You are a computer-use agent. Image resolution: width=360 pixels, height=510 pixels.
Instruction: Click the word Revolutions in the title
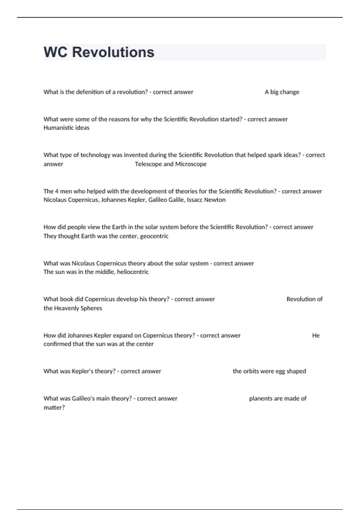click(x=113, y=52)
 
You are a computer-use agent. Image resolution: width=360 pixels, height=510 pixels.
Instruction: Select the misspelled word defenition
click(x=90, y=92)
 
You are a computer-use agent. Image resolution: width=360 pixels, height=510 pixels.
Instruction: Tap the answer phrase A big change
click(x=282, y=92)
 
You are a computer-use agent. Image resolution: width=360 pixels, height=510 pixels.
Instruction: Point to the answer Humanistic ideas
click(x=66, y=128)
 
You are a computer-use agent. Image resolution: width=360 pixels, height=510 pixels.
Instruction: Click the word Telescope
click(x=148, y=164)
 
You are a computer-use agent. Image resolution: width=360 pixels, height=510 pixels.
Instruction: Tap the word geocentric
click(x=154, y=236)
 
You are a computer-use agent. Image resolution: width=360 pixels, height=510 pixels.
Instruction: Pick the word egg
click(x=280, y=371)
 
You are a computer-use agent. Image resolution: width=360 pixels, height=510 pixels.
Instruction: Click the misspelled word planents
click(x=260, y=398)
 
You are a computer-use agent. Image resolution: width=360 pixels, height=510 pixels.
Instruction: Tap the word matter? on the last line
click(x=54, y=407)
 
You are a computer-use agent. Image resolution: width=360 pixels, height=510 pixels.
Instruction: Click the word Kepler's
click(x=82, y=371)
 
